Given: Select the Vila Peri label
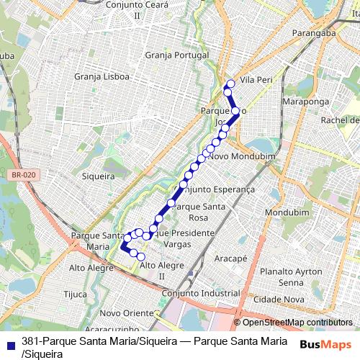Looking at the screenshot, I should (257, 79).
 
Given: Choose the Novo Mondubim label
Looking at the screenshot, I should (235, 156).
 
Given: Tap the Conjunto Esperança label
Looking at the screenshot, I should (215, 189).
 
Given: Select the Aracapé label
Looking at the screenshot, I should (231, 258).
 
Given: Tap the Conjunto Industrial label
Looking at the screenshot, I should (201, 294).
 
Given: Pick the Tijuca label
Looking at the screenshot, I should (75, 294).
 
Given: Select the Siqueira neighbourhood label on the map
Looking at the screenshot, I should (99, 176).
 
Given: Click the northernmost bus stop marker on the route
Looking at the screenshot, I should (230, 84).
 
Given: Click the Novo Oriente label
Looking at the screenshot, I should (122, 313).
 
